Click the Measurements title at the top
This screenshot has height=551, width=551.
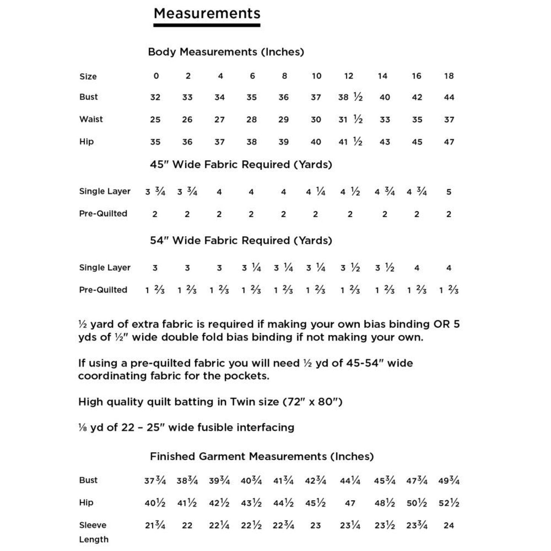[x=207, y=14]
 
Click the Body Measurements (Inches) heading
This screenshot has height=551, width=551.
[x=226, y=52]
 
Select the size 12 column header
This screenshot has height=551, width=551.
[x=349, y=76]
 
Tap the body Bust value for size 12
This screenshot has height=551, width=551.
[x=350, y=97]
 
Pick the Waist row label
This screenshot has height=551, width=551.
[x=91, y=119]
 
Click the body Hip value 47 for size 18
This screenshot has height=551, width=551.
[x=449, y=142]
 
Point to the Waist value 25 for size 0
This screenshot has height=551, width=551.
[x=155, y=120]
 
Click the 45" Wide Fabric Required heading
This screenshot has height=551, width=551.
[x=241, y=165]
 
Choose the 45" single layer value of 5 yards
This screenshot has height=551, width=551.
[x=449, y=192]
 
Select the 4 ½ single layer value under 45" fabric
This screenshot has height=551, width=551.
[x=350, y=192]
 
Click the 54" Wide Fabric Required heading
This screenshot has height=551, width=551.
[x=241, y=241]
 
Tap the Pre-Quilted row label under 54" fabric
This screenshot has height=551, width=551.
[x=103, y=290]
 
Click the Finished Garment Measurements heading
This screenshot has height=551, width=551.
[x=262, y=456]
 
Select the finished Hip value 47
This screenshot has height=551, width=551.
[x=350, y=503]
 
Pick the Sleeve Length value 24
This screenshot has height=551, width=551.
[x=449, y=525]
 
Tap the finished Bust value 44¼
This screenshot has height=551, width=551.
[x=350, y=481]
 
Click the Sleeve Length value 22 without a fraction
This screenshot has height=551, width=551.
[x=187, y=525]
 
